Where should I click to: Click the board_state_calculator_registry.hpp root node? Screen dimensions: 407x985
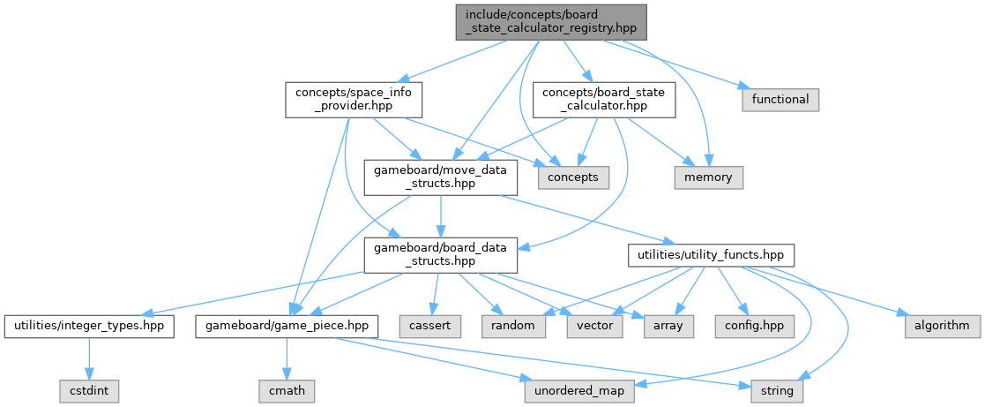[x=552, y=21]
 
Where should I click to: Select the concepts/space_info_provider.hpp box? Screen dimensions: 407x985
[x=352, y=99]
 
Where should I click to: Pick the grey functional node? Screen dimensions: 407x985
[x=780, y=99]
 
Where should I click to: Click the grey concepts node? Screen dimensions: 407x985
[x=572, y=177]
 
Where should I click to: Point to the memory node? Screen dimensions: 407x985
[x=708, y=177]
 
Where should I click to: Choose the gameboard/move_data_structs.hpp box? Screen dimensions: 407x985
[x=441, y=177]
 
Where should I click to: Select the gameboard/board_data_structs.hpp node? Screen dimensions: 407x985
[x=441, y=254]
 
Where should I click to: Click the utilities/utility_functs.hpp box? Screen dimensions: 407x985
[x=711, y=254]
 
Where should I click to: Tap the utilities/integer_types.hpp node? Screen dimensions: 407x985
[x=88, y=325]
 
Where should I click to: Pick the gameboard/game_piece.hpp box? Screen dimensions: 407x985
[x=287, y=325]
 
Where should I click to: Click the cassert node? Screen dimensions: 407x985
[x=429, y=325]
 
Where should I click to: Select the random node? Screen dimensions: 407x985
[x=513, y=325]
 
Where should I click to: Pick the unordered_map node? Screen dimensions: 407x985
[x=579, y=390]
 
